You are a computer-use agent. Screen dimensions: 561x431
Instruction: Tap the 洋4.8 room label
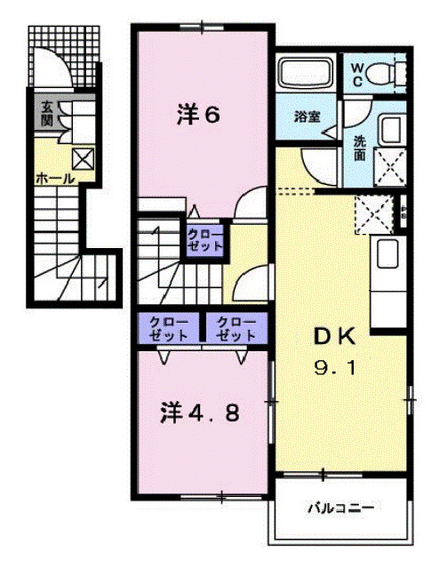pyautogui.click(x=201, y=413)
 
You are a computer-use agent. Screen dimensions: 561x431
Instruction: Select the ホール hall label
pyautogui.click(x=54, y=179)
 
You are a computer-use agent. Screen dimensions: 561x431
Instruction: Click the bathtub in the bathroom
pyautogui.click(x=306, y=70)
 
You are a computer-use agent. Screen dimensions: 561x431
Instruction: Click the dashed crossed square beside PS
pyautogui.click(x=372, y=213)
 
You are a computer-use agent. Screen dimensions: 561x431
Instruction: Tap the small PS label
pyautogui.click(x=403, y=214)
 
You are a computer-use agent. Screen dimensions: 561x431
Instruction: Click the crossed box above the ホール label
pyautogui.click(x=83, y=159)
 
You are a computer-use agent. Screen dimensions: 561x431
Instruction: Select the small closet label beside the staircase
pyautogui.click(x=204, y=240)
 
